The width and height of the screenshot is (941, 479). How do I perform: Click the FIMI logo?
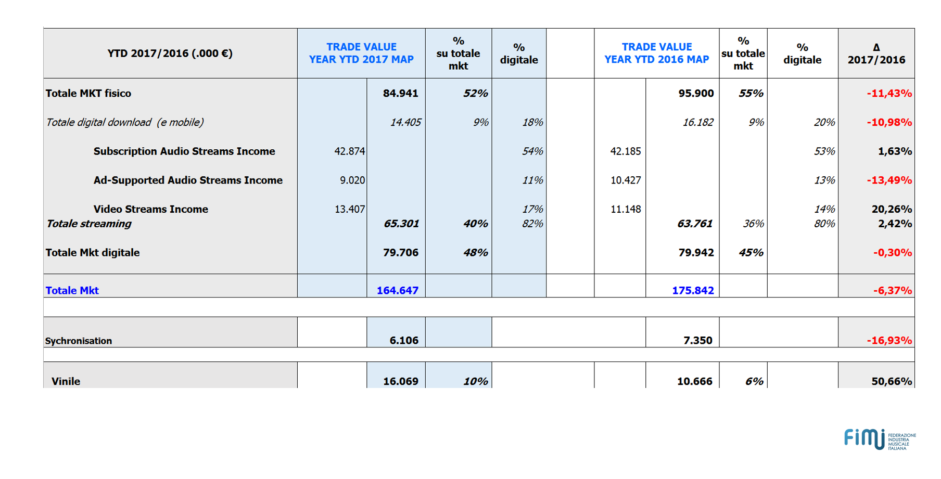[x=880, y=439]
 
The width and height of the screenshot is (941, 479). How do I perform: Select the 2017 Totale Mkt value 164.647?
[x=398, y=290]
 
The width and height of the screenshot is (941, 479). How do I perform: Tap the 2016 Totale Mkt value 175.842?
[x=693, y=290]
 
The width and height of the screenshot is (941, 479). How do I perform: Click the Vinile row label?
[x=66, y=381]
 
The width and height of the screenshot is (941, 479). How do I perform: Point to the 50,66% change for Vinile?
[x=892, y=381]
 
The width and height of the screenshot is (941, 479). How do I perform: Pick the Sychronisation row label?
[x=79, y=341]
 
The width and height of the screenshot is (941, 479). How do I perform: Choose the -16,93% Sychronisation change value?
[x=889, y=341]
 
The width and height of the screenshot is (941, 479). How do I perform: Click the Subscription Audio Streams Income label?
[x=184, y=151]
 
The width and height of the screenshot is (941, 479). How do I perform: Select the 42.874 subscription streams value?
[x=349, y=151]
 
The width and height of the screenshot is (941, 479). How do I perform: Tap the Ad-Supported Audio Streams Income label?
[x=188, y=180]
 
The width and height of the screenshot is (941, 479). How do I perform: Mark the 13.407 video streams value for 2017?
[x=349, y=209]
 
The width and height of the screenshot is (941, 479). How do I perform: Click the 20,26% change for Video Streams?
[x=892, y=209]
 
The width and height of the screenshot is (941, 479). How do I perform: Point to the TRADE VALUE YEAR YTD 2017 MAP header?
[x=361, y=53]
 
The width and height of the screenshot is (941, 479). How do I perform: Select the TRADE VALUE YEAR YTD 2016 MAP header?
[x=656, y=53]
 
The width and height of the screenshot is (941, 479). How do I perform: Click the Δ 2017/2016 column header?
[x=876, y=54]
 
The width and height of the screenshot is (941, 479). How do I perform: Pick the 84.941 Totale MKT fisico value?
[x=400, y=93]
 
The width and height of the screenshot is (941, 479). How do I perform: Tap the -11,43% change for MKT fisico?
[x=889, y=94]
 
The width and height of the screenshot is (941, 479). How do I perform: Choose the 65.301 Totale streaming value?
[x=401, y=224]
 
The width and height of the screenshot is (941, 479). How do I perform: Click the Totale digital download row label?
[x=124, y=122]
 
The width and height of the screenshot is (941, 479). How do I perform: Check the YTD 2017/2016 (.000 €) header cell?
[x=170, y=54]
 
